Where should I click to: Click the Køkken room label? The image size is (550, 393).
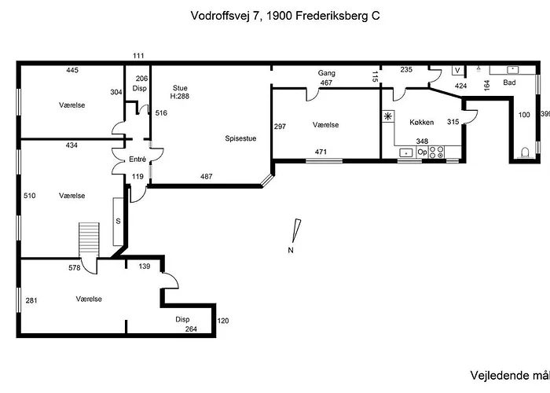click(422, 123)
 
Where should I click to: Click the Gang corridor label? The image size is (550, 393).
click(327, 73)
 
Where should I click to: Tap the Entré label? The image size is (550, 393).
click(137, 160)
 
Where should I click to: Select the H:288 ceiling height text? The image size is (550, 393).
click(181, 96)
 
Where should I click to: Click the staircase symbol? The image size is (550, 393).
click(89, 239)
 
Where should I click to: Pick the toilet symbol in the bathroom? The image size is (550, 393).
click(526, 152)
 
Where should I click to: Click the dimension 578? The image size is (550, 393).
click(75, 268)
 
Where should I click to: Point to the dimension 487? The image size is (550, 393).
click(207, 176)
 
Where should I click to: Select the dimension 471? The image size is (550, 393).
click(321, 152)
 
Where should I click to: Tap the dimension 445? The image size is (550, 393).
click(72, 71)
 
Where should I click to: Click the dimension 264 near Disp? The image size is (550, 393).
click(191, 329)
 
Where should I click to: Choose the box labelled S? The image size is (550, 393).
click(119, 220)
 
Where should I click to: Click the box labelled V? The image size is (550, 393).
click(458, 71)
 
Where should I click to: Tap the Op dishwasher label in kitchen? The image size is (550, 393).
click(421, 152)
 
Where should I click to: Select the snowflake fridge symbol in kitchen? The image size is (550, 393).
click(387, 116)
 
